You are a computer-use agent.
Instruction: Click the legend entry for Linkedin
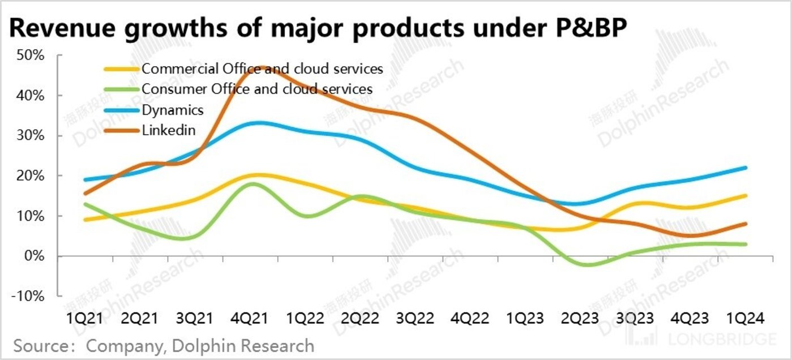[x=169, y=130]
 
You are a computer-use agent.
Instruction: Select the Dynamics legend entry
[x=172, y=109]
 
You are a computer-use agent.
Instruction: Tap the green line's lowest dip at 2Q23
[x=589, y=264]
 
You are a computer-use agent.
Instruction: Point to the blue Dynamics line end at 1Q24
[x=745, y=168]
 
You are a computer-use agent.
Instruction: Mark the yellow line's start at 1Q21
[x=85, y=220]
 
